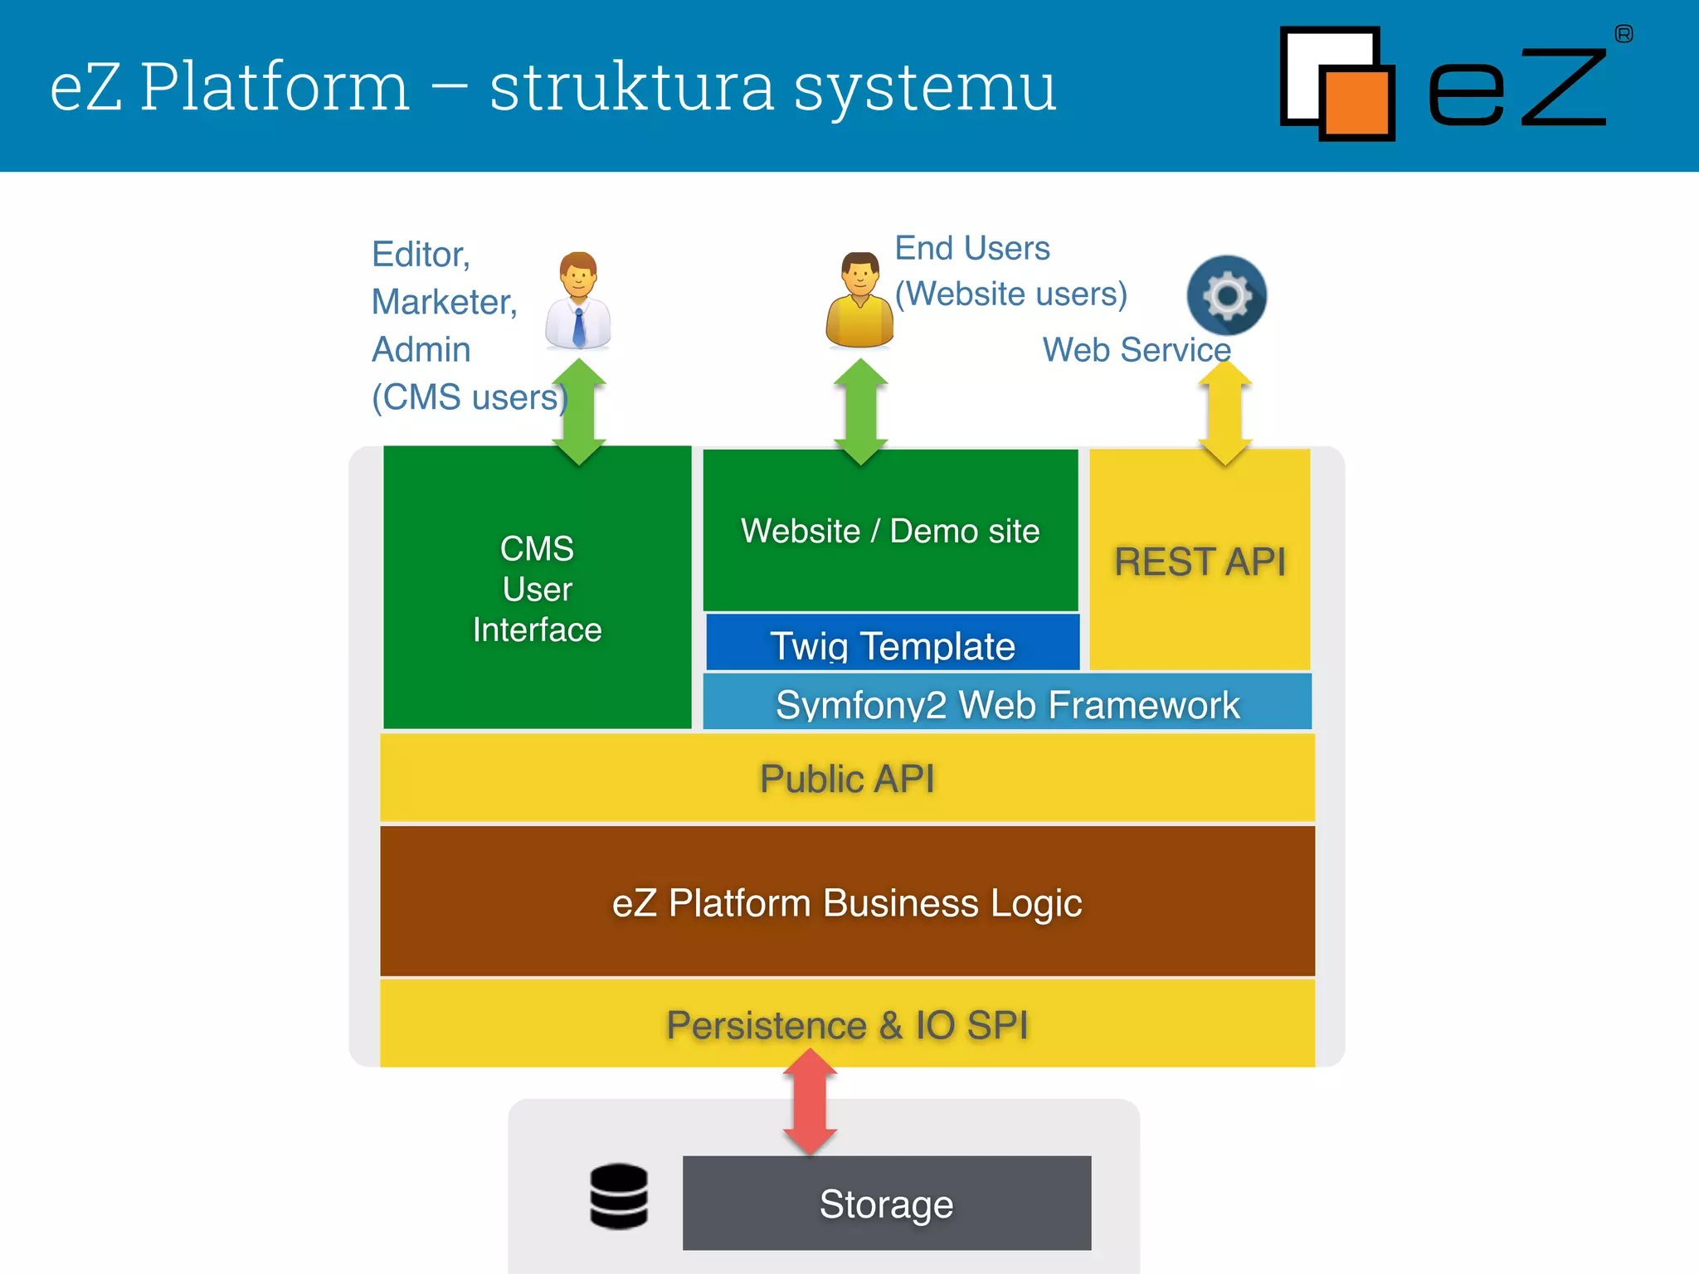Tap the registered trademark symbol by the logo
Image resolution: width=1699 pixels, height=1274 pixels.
tap(1624, 34)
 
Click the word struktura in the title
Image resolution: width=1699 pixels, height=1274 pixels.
tap(631, 87)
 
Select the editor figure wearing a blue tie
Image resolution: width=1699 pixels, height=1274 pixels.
tap(578, 300)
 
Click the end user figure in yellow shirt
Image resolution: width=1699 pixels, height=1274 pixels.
tap(859, 300)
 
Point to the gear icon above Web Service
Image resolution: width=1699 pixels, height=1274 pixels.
tap(1226, 295)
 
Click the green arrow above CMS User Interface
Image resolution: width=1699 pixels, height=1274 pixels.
tap(579, 412)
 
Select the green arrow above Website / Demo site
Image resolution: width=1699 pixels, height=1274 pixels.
tap(860, 412)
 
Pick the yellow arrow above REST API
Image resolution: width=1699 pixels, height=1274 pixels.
tap(1225, 413)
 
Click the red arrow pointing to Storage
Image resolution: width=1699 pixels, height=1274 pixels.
tap(810, 1102)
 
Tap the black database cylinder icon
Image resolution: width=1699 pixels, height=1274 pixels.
tap(619, 1196)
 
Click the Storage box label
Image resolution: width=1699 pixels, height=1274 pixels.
tap(886, 1203)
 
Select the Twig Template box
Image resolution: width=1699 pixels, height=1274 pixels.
tap(892, 644)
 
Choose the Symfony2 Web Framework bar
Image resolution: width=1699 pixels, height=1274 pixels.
tap(1007, 703)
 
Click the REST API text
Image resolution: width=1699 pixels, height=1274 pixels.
tap(1200, 562)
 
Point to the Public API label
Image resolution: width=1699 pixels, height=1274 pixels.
tap(847, 778)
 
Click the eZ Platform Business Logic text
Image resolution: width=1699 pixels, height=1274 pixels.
tap(847, 902)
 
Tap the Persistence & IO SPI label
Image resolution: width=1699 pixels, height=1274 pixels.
tap(847, 1024)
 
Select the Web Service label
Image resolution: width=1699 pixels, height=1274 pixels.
tap(1136, 349)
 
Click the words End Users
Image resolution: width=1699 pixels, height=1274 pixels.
tap(971, 248)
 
